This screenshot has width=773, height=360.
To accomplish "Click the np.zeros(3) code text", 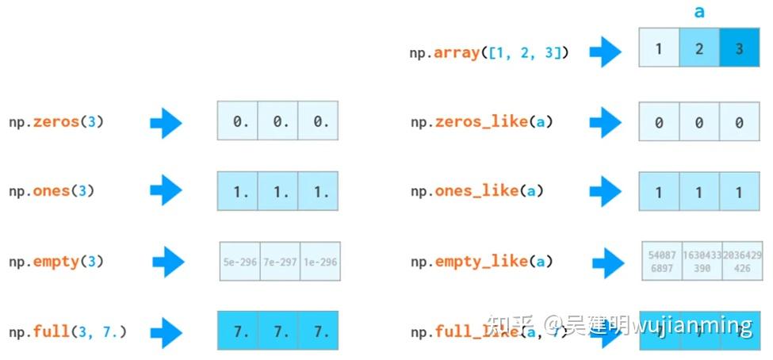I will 56,122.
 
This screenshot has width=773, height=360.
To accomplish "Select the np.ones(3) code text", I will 52,191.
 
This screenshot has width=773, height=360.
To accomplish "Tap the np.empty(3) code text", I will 56,261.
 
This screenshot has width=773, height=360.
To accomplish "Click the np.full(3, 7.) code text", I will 68,331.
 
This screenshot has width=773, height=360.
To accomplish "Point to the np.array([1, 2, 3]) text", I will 489,53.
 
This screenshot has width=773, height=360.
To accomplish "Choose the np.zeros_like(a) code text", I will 482,122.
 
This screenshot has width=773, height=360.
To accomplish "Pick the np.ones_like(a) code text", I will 478,191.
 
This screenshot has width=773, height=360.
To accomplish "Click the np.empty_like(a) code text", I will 482,261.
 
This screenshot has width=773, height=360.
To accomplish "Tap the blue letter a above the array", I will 699,12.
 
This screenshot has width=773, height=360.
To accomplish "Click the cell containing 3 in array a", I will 740,48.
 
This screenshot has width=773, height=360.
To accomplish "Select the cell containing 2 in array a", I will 699,48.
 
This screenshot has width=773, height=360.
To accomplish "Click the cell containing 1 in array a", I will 659,48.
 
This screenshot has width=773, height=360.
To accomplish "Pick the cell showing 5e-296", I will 239,261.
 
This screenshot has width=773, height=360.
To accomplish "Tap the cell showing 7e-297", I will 280,261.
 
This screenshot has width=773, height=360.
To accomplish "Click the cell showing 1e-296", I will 320,261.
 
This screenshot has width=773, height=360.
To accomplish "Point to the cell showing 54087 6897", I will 661,262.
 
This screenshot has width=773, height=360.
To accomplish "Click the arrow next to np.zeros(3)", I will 166,122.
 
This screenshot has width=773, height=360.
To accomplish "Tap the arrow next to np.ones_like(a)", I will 607,191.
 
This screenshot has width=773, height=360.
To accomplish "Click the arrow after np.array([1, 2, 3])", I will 607,53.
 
